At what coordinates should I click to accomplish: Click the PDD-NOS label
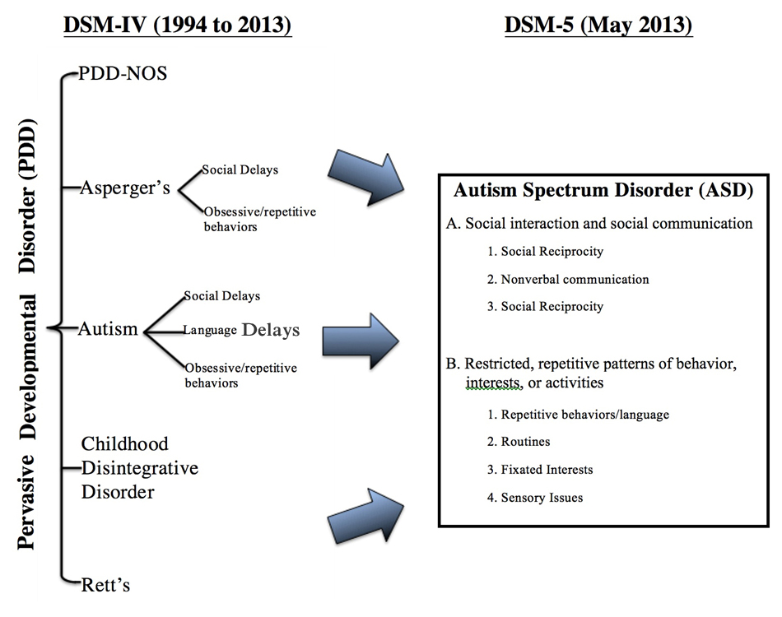(123, 74)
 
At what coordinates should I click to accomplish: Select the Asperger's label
(125, 188)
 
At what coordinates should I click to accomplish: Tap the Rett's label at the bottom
(105, 585)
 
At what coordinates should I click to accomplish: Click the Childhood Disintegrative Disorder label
(140, 467)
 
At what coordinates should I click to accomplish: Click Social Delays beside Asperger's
(240, 170)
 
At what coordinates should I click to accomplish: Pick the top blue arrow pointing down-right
(366, 178)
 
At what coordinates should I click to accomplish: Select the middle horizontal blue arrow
(361, 341)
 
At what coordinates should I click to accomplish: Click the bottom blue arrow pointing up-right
(366, 515)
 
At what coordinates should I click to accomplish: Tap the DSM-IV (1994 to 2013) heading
(178, 25)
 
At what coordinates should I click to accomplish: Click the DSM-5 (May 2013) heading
(598, 25)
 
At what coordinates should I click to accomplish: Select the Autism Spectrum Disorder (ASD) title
(603, 190)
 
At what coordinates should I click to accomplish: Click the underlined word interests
(494, 383)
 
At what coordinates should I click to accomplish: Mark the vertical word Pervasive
(27, 502)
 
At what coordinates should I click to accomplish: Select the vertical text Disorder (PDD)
(27, 196)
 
